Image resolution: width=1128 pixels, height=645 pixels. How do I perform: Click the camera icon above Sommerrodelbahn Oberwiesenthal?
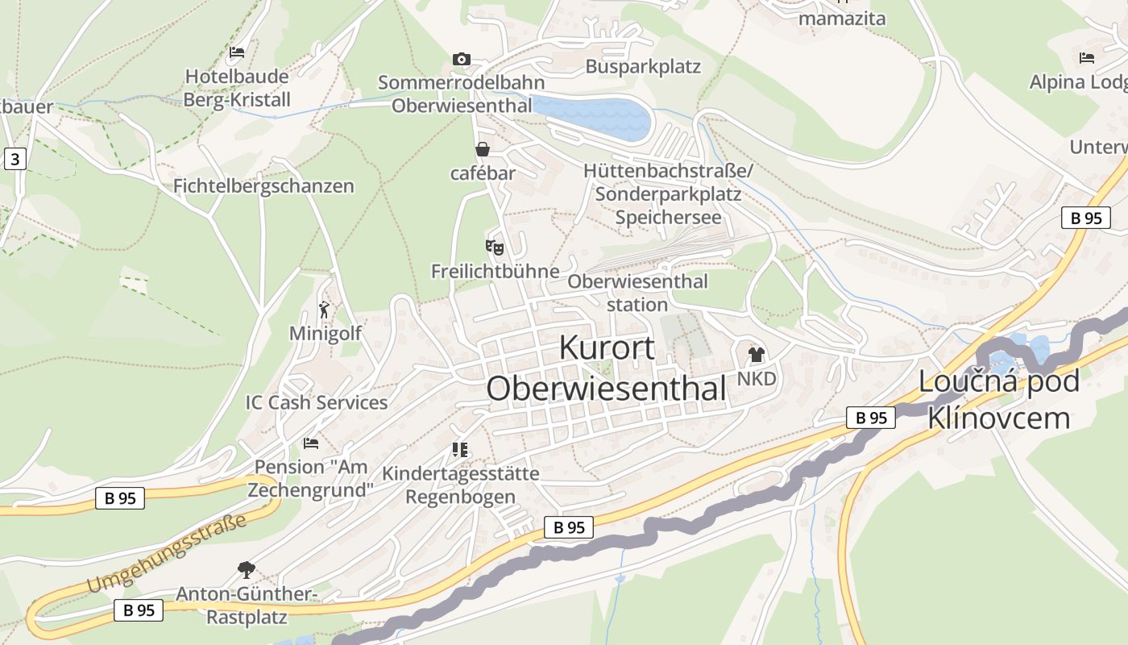(462, 59)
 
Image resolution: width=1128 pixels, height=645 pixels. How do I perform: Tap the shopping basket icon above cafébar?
(482, 149)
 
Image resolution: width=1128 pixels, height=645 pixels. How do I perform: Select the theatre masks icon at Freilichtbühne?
(494, 247)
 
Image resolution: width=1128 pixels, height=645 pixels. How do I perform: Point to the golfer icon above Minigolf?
(324, 309)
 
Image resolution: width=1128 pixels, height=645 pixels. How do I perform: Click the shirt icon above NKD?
(756, 354)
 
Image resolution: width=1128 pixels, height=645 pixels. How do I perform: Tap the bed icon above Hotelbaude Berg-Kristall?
(237, 52)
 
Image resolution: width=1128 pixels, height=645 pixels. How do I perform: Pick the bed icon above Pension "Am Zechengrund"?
(311, 443)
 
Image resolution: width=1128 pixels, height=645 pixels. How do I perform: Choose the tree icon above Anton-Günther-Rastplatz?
(246, 570)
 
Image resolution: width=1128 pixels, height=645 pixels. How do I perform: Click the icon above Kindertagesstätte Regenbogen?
(460, 449)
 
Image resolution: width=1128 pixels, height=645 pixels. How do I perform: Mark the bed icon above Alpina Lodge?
(1087, 58)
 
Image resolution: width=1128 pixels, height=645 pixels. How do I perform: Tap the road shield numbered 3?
(15, 159)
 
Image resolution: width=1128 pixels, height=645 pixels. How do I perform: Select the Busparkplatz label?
(643, 67)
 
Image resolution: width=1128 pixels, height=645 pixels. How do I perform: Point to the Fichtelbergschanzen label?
(263, 186)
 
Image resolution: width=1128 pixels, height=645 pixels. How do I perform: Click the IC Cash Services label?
(317, 402)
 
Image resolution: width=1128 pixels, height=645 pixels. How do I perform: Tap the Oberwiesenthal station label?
(637, 293)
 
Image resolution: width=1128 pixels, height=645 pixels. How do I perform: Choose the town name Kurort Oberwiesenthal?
(607, 368)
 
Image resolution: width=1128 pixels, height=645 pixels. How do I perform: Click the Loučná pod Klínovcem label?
(999, 399)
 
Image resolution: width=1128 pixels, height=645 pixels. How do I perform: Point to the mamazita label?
(842, 19)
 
